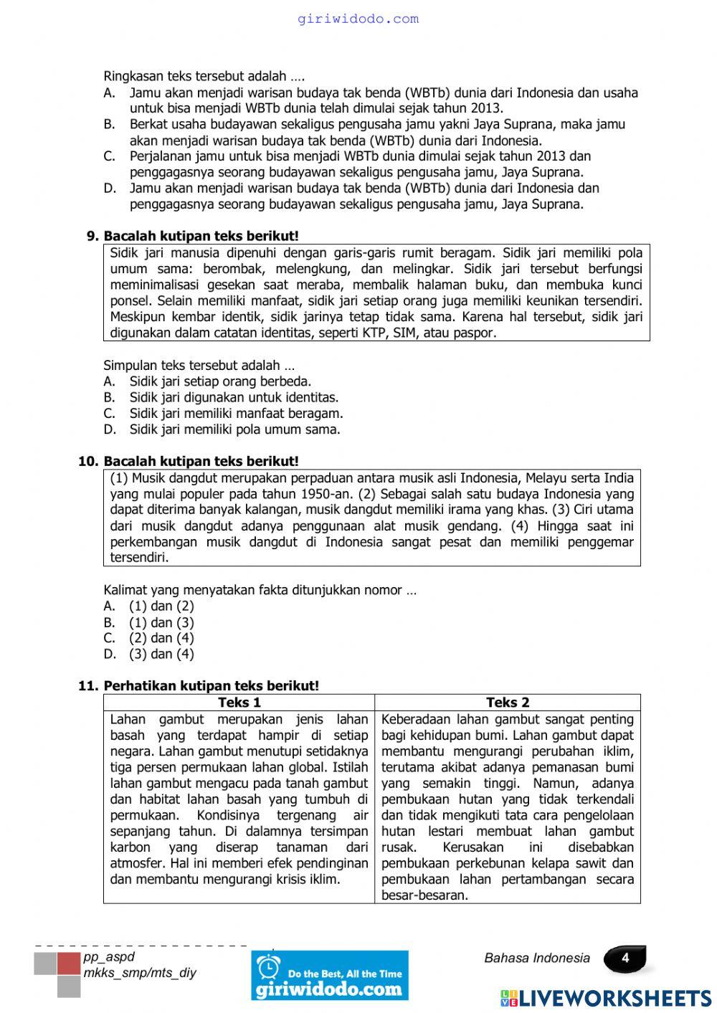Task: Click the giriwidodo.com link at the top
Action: [358, 19]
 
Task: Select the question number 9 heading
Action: [192, 236]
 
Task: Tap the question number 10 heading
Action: [189, 461]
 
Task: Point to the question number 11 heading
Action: [199, 685]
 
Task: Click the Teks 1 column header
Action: [239, 703]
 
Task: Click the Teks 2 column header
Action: [507, 703]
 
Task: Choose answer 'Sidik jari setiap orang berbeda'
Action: [219, 381]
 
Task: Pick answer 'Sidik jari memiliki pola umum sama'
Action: [234, 429]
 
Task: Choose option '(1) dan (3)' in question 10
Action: [161, 622]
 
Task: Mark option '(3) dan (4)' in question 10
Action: [161, 654]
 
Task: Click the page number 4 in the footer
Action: [625, 959]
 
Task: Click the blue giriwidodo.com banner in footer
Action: [330, 976]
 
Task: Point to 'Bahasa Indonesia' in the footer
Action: [537, 959]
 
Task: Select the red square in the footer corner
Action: [69, 963]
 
